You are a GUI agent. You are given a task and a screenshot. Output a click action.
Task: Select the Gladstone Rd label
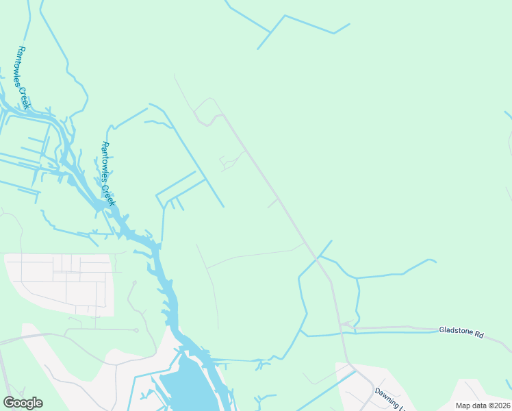click(461, 334)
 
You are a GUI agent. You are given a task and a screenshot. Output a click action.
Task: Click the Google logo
click(23, 403)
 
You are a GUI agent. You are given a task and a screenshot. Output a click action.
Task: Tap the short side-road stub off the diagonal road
click(272, 203)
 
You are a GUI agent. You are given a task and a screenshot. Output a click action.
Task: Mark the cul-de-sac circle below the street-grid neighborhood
click(136, 330)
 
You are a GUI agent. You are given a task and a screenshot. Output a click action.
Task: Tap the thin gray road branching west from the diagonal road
click(253, 255)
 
